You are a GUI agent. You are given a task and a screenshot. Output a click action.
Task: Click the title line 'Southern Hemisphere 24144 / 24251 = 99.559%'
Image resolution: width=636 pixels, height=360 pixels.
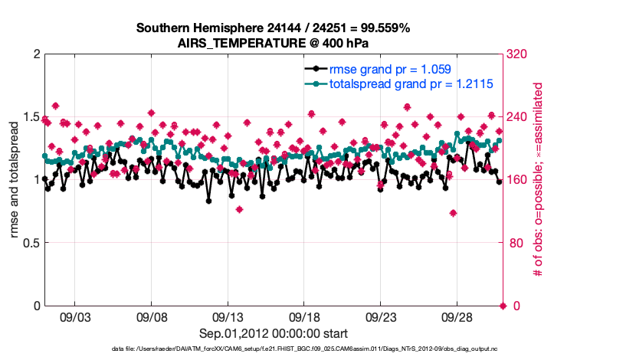(x=273, y=28)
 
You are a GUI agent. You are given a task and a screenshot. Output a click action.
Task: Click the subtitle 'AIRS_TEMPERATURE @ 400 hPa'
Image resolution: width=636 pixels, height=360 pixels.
(x=273, y=43)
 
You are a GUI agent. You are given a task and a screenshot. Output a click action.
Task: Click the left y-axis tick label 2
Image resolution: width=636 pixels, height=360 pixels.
(x=35, y=54)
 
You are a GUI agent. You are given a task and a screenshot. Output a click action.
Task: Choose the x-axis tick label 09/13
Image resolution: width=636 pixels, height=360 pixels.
(x=228, y=316)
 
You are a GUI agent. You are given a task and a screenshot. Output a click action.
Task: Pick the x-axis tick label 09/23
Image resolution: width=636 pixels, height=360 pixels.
(x=380, y=316)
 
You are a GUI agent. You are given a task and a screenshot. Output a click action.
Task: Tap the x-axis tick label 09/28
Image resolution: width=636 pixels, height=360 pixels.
(x=457, y=316)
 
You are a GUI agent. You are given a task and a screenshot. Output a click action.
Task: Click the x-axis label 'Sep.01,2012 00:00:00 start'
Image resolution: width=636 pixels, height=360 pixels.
(x=273, y=333)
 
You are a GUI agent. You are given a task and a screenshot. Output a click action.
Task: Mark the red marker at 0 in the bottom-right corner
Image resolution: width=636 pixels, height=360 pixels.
(x=503, y=306)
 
